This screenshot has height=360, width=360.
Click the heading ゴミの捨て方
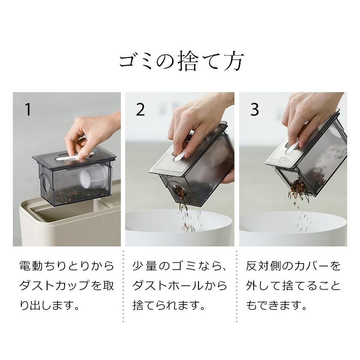[x=180, y=61]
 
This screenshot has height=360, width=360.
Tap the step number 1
[x=28, y=110]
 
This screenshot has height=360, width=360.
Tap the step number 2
[x=141, y=110]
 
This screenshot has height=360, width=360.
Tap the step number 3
[x=255, y=110]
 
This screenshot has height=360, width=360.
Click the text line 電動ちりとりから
[x=67, y=266]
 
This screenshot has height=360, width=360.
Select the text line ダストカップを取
[x=67, y=286]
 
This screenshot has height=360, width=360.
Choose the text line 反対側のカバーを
[x=293, y=266]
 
